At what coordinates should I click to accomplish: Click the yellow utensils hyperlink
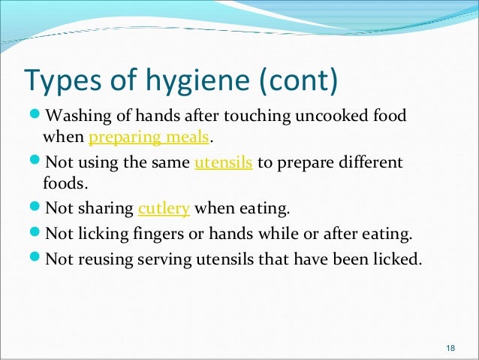coord(222,162)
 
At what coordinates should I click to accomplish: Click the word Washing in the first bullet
coord(75,116)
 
